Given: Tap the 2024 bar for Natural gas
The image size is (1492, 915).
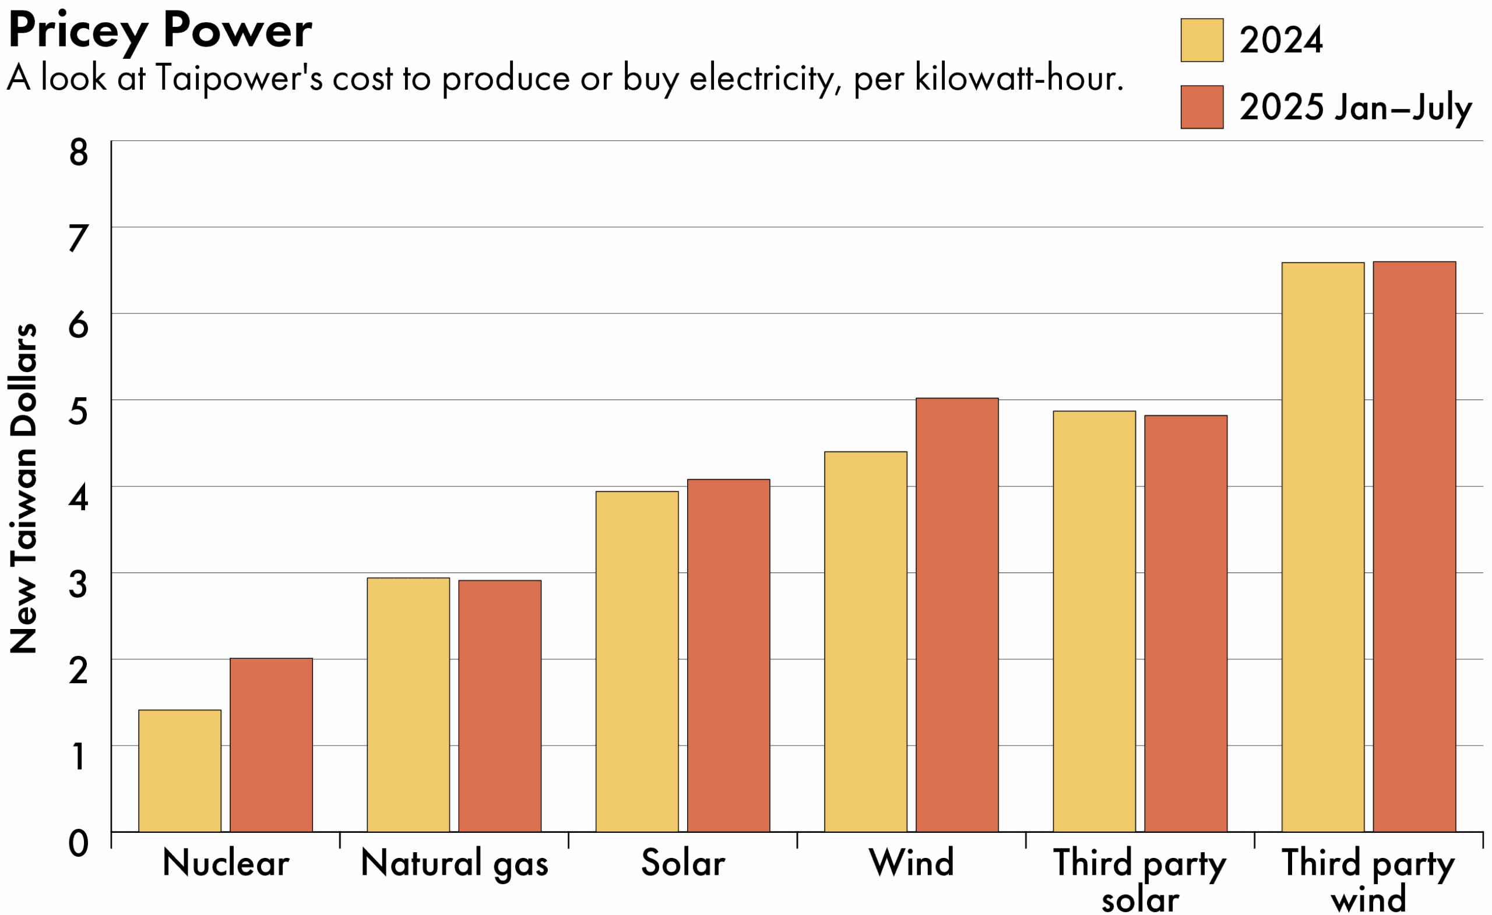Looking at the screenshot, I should click(408, 704).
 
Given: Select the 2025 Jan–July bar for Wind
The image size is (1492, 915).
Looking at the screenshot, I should click(957, 615).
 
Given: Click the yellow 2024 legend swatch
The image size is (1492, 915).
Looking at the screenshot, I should click(1201, 40).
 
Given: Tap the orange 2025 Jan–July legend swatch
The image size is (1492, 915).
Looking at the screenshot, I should click(1201, 107).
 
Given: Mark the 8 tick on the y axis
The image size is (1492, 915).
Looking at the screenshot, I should click(79, 153).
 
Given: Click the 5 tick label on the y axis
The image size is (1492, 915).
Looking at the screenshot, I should click(79, 412).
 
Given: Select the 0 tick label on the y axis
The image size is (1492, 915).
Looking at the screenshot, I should click(79, 843).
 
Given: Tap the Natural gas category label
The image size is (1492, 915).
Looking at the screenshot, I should click(454, 863).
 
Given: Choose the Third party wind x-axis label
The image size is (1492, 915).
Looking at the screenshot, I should click(1368, 879).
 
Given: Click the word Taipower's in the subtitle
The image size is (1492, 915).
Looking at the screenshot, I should click(238, 79).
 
